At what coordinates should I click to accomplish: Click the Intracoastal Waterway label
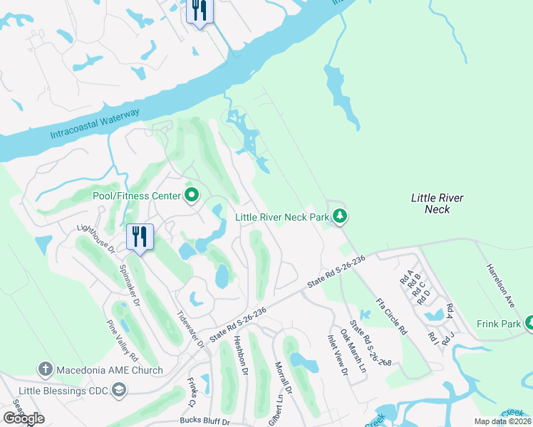(x=95, y=123)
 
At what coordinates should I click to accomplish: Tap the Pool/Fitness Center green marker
(x=192, y=195)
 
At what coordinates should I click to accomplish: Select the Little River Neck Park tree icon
(x=341, y=216)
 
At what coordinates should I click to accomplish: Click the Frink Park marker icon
(x=529, y=323)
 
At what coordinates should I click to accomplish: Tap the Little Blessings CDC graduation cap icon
(x=118, y=389)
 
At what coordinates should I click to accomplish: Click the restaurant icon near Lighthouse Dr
(x=140, y=236)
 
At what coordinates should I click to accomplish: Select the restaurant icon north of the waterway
(x=199, y=11)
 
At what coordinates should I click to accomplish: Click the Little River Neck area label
(x=437, y=203)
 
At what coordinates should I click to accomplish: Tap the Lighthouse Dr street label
(x=96, y=238)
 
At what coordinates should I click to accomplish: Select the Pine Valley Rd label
(x=122, y=340)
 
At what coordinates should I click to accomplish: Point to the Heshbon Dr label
(x=240, y=356)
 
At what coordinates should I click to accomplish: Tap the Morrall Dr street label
(x=284, y=379)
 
